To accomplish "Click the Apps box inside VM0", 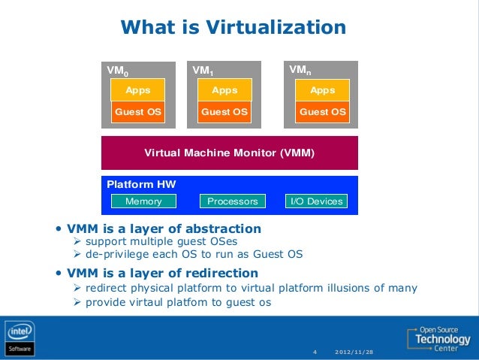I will pos(137,90).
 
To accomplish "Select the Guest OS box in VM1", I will pos(224,112).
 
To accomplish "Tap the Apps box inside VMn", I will pos(323,90).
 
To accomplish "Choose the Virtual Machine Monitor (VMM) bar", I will pos(229,153).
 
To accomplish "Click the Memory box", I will pos(143,201).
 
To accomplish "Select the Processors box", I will pos(233,201).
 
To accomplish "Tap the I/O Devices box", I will pos(315,201).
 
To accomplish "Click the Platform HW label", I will pos(141,184).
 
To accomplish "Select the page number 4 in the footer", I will pos(315,352).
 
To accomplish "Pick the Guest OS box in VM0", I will pos(137,112).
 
